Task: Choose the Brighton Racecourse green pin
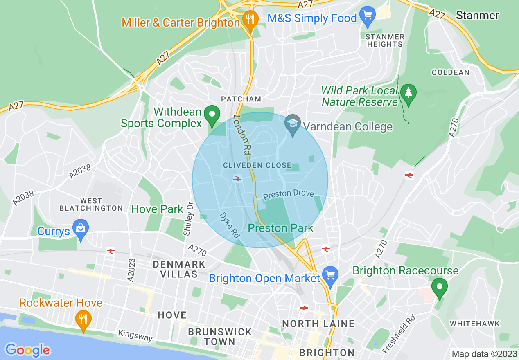[440, 288]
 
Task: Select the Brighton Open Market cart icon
[330, 275]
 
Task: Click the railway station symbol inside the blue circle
[237, 178]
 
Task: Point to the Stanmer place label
[477, 16]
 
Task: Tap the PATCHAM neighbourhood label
[241, 99]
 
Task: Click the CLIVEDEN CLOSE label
[257, 165]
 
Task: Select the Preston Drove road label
[288, 194]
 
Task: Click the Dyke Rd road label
[229, 225]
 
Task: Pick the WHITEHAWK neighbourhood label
[475, 324]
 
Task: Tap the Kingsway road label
[135, 336]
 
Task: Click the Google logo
[27, 350]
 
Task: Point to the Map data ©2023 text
[484, 354]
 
